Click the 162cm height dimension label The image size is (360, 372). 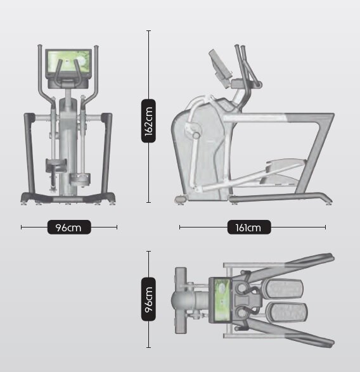coord(148,121)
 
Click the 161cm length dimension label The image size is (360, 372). coord(249,228)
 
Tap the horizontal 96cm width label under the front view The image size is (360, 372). coord(69,228)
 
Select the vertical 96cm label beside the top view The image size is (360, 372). coord(148,299)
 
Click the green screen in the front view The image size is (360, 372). coord(69,62)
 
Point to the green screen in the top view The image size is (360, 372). coord(222,300)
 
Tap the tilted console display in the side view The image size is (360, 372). coord(219,63)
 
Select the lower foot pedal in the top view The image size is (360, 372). coord(286,312)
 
